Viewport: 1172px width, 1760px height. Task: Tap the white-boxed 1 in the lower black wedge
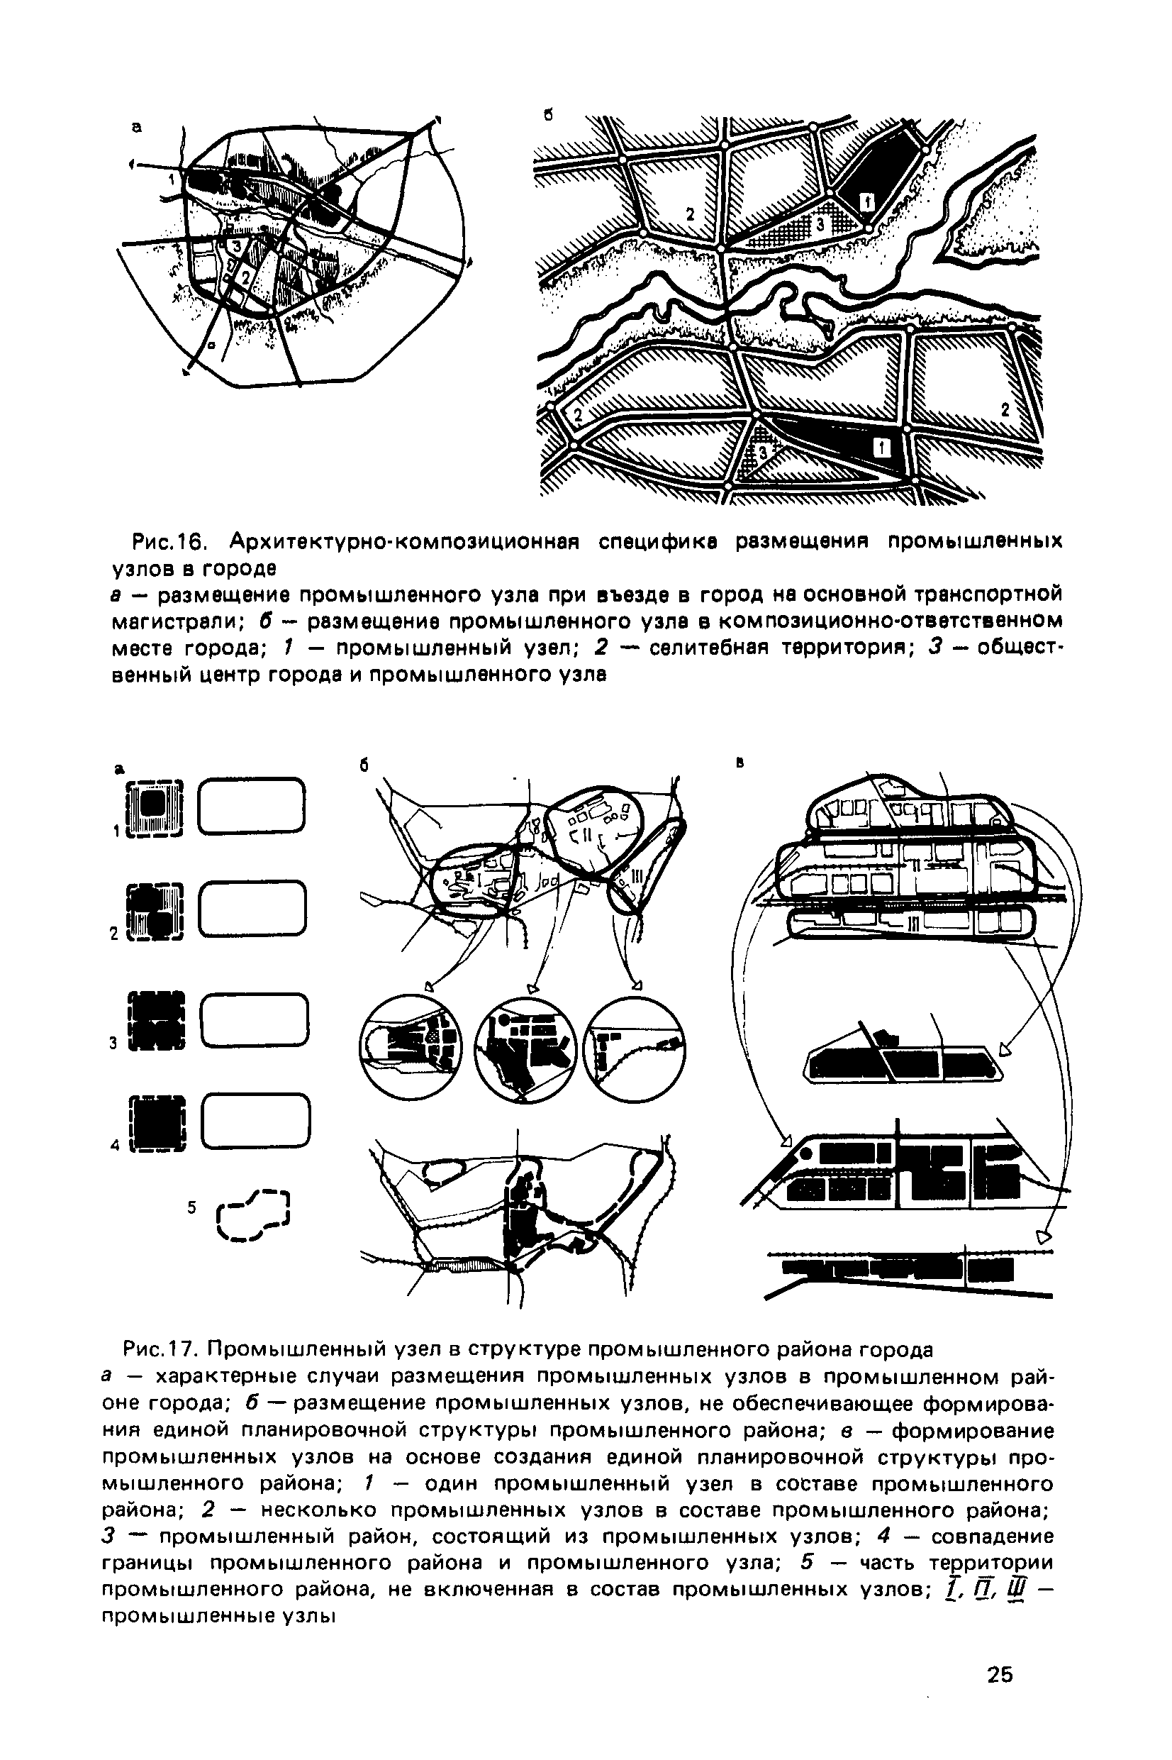(882, 447)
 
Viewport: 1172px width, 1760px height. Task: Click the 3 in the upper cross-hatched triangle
(820, 223)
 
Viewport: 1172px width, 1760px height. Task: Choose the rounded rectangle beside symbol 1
(251, 805)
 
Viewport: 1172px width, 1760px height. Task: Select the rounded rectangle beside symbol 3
(254, 1021)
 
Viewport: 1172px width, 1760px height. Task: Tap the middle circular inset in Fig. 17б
(525, 1049)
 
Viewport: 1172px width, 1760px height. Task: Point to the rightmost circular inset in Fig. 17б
(634, 1049)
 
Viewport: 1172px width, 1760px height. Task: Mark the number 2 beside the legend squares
(114, 934)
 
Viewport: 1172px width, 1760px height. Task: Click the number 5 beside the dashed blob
(192, 1207)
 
